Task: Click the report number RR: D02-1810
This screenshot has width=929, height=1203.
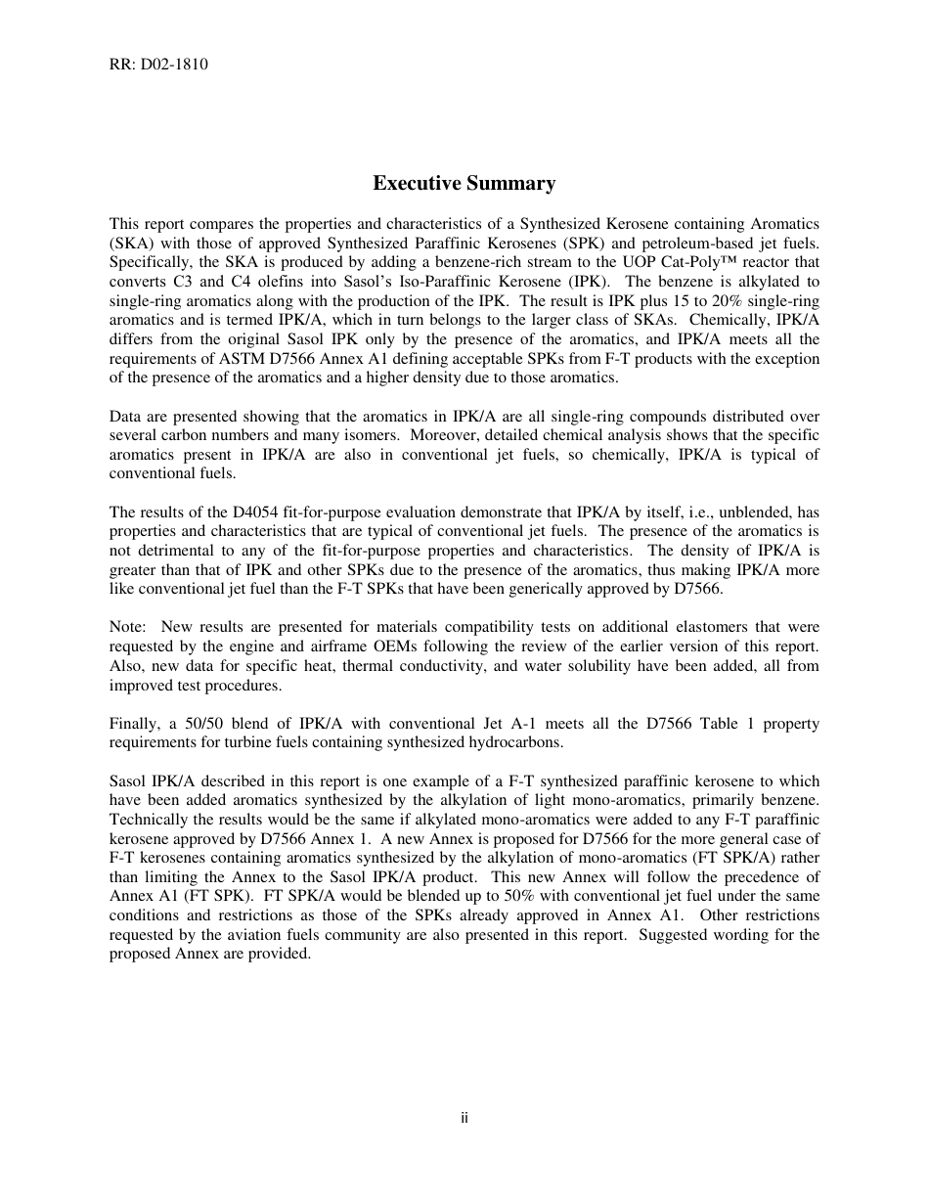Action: (x=158, y=65)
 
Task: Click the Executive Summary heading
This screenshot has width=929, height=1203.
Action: (x=464, y=183)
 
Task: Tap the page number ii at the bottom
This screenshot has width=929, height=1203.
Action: (x=464, y=1118)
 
